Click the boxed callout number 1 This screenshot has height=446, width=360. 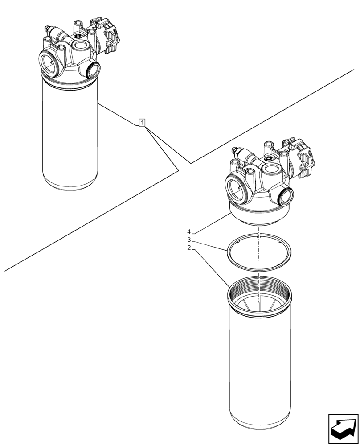click(142, 122)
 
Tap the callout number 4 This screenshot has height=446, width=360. click(189, 231)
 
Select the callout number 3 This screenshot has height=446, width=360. click(189, 240)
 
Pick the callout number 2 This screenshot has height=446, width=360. click(189, 248)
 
